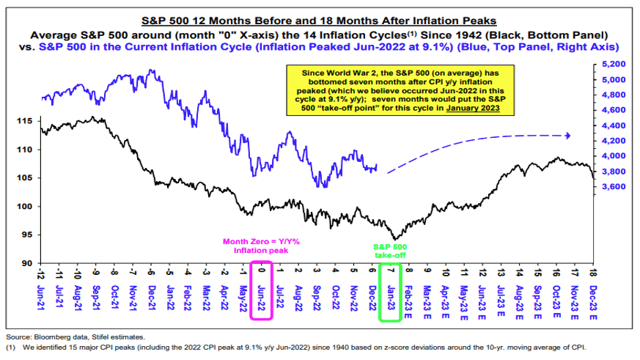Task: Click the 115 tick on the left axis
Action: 26,120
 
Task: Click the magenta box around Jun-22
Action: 261,290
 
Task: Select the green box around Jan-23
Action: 389,290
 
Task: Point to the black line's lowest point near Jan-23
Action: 395,239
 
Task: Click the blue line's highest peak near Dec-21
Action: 152,70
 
